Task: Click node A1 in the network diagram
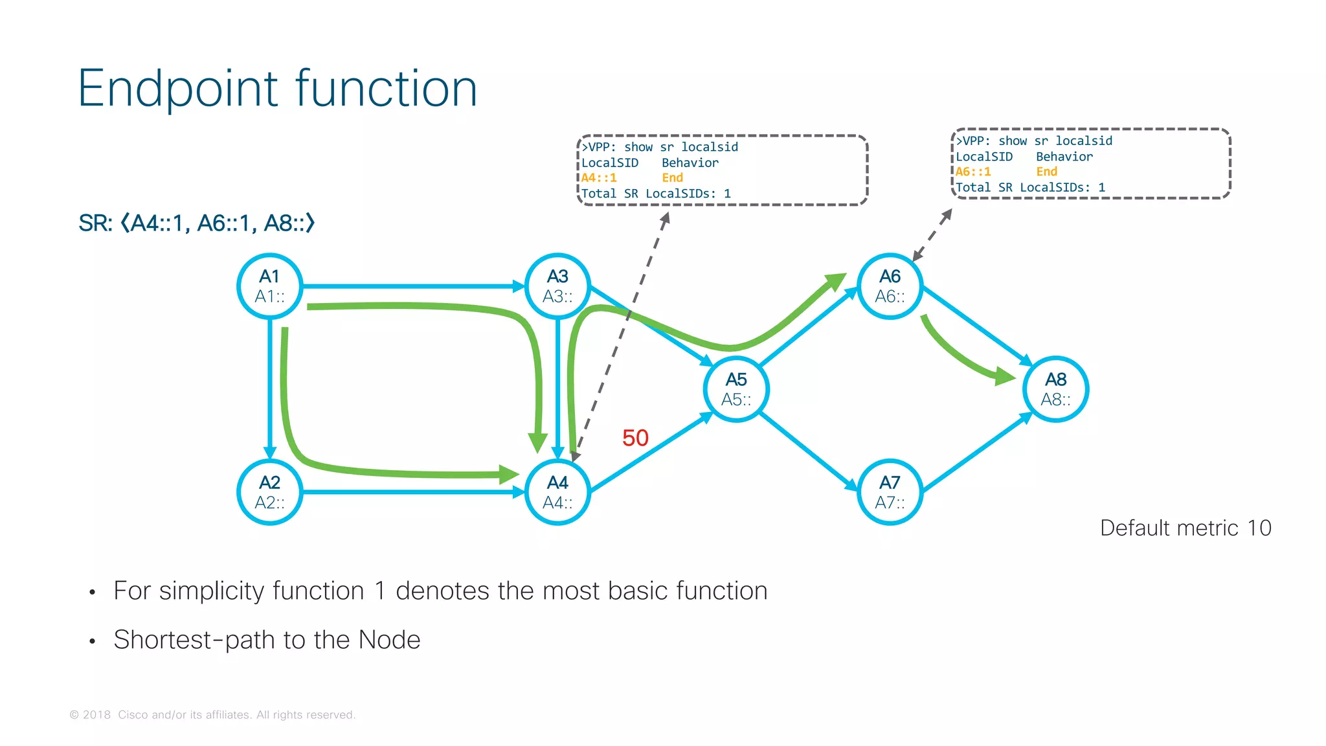tap(270, 286)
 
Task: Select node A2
tap(270, 492)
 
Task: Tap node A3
tap(557, 286)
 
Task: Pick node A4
tap(557, 492)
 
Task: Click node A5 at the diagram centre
tap(736, 389)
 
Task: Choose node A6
tap(890, 286)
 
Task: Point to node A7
tap(890, 492)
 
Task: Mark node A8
tap(1055, 389)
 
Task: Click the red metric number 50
tap(635, 438)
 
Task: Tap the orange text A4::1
tap(599, 178)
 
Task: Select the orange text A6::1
tap(973, 172)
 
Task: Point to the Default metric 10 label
tap(1186, 528)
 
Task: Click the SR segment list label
tap(197, 223)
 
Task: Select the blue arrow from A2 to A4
tap(414, 492)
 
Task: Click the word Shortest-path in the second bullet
tap(168, 640)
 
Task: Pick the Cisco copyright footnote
tap(212, 715)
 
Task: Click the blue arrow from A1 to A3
tap(414, 286)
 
